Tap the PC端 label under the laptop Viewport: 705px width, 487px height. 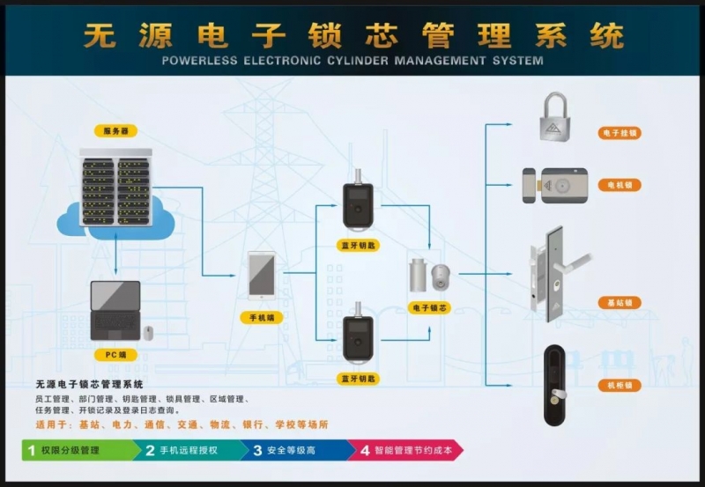point(115,355)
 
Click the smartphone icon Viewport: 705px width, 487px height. point(261,275)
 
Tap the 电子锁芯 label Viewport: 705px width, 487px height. point(430,308)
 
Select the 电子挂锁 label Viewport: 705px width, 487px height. point(619,133)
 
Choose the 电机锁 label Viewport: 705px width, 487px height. point(619,186)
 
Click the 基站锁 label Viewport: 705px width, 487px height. point(619,302)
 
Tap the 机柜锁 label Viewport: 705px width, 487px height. point(619,386)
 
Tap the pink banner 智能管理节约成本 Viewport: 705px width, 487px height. point(405,450)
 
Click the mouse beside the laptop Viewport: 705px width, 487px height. point(148,332)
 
